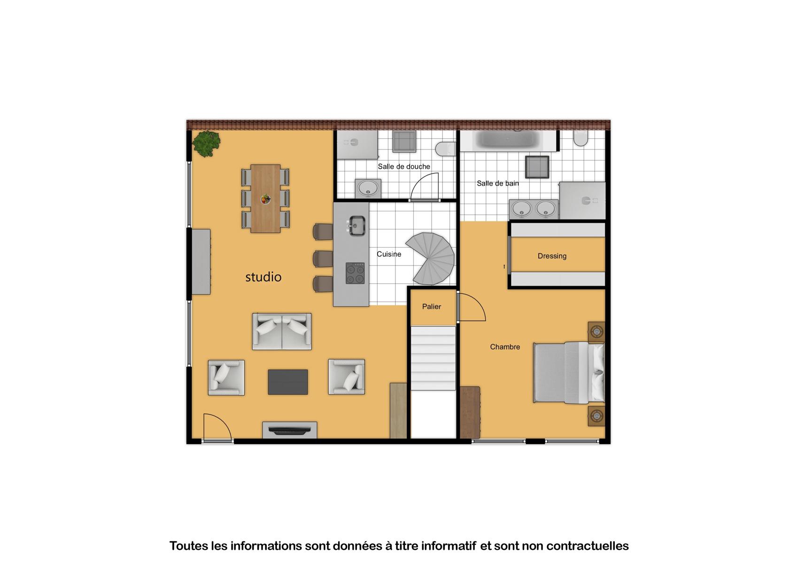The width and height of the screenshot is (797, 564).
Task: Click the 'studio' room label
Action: (263, 277)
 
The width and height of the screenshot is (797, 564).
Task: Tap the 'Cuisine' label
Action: (389, 254)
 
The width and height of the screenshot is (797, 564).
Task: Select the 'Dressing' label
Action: (552, 256)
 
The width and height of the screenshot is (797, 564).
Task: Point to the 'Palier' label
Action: (432, 306)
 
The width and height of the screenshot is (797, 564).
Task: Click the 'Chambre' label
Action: (505, 347)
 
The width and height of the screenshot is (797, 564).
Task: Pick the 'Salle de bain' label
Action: (498, 183)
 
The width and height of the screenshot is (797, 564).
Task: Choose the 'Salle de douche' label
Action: (404, 167)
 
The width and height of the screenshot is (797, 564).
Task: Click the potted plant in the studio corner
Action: (206, 143)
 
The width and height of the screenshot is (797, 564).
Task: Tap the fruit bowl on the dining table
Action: (265, 199)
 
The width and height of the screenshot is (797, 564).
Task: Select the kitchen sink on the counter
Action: (356, 226)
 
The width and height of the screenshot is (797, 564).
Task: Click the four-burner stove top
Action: (355, 273)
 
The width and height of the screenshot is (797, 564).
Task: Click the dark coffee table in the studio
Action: (288, 382)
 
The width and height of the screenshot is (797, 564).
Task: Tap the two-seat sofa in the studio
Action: (282, 331)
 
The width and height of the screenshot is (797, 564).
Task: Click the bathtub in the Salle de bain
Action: (508, 140)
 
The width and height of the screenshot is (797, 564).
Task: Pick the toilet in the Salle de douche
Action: (446, 149)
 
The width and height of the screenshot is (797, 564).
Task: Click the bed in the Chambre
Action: (569, 373)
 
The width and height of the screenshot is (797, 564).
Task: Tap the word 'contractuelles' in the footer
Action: (588, 546)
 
